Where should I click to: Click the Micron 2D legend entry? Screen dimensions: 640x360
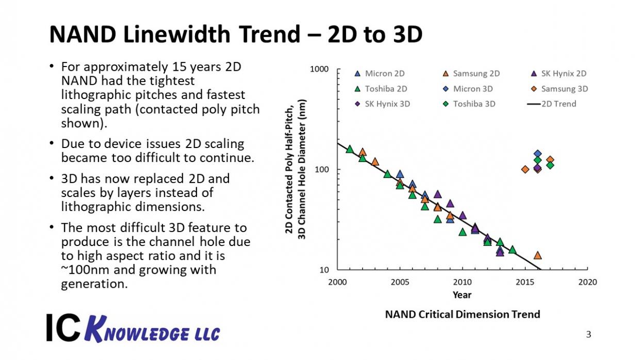pos(380,74)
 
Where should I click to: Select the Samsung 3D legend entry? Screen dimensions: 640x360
pos(559,89)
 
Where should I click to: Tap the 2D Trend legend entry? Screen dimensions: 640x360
pos(552,104)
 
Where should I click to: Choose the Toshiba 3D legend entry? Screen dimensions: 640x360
pos(469,104)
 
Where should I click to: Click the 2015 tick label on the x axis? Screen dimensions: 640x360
pos(525,282)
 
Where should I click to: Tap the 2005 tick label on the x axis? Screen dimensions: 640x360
pos(400,282)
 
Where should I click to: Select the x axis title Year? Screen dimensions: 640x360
pos(462,294)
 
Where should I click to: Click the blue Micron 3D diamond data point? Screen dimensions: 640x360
pos(537,154)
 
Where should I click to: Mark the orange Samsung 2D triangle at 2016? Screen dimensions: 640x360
pos(538,255)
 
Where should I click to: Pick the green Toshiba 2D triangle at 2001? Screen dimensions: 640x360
pos(350,149)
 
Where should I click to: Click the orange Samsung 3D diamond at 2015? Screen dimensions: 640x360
pos(525,170)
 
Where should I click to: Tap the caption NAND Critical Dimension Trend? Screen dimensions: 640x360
pos(463,314)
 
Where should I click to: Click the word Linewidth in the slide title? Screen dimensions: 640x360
pos(177,34)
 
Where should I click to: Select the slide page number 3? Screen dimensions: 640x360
pos(588,334)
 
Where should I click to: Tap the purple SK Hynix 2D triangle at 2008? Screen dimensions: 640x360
pos(437,194)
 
